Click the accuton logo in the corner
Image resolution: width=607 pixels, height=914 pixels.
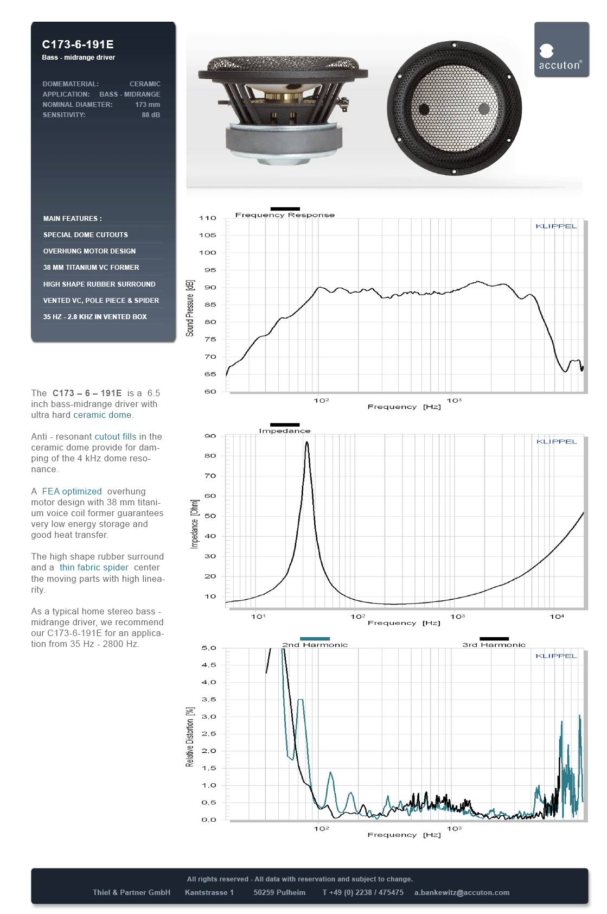click(x=561, y=50)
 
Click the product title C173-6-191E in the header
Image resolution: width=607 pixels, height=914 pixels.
click(x=78, y=45)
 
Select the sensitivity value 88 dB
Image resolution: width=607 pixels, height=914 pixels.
click(x=151, y=115)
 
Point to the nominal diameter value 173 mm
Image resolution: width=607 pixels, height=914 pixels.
click(x=148, y=105)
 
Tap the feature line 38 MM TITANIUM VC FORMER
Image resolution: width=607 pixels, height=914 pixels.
click(x=91, y=268)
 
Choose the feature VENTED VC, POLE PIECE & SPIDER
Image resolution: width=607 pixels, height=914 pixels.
click(x=101, y=301)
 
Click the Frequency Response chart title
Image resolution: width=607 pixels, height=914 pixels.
click(x=285, y=215)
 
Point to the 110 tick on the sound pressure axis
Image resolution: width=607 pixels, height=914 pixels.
click(x=208, y=218)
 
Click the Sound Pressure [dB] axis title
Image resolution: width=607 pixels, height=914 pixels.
click(x=190, y=308)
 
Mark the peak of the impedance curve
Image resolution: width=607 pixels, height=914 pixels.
click(x=307, y=442)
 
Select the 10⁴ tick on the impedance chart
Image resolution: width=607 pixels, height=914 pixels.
click(x=557, y=617)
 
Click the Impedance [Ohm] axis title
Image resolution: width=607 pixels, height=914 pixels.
click(x=194, y=524)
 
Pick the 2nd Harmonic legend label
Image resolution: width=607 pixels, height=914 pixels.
click(x=315, y=645)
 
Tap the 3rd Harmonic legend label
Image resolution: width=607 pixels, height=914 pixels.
click(x=494, y=645)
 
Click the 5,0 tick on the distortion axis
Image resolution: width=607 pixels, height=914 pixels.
click(x=209, y=648)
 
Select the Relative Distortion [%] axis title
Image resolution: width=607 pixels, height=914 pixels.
click(x=190, y=737)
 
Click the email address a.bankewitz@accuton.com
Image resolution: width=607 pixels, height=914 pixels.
click(x=462, y=892)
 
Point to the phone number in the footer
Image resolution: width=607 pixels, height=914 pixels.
click(x=362, y=892)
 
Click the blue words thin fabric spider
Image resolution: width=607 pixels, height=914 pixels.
click(x=94, y=568)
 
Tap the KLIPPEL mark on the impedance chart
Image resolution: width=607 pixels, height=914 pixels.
click(x=557, y=442)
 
